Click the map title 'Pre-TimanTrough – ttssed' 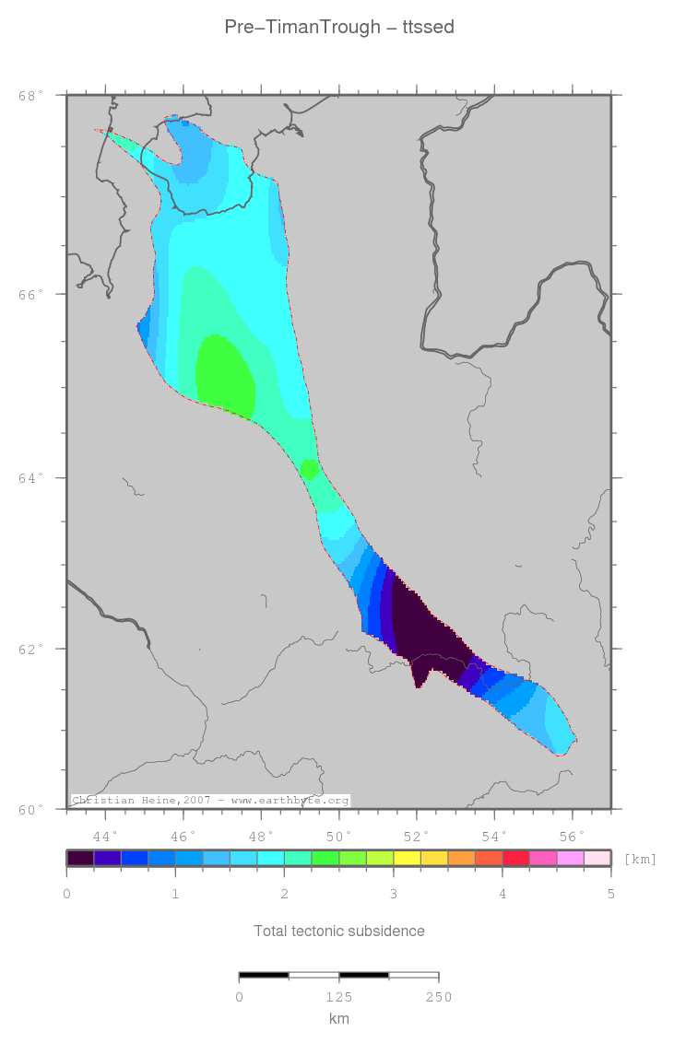pyautogui.click(x=338, y=28)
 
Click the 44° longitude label pyautogui.click(x=106, y=836)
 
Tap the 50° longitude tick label pyautogui.click(x=339, y=836)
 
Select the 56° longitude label pyautogui.click(x=573, y=836)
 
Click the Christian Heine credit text pyautogui.click(x=210, y=801)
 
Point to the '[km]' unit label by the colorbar pyautogui.click(x=641, y=859)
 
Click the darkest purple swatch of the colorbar pyautogui.click(x=80, y=858)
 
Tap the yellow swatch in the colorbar pyautogui.click(x=407, y=858)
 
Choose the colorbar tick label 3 pyautogui.click(x=393, y=894)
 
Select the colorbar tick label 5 pyautogui.click(x=610, y=894)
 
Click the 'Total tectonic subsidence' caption pyautogui.click(x=338, y=931)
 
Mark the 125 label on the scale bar pyautogui.click(x=338, y=996)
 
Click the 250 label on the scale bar pyautogui.click(x=438, y=996)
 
